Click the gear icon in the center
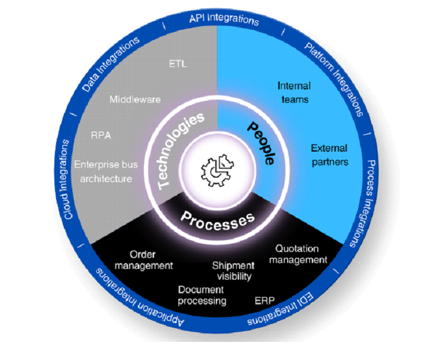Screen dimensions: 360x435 point(217,168)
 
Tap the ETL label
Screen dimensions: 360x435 point(178,63)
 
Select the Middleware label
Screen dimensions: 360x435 point(135,100)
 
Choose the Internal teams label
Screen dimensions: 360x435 point(294,92)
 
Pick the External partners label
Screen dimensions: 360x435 point(330,155)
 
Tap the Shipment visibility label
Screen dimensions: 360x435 point(232,271)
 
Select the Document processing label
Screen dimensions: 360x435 point(202,295)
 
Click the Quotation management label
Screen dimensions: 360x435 point(298,254)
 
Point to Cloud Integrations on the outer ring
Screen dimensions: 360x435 point(69,179)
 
